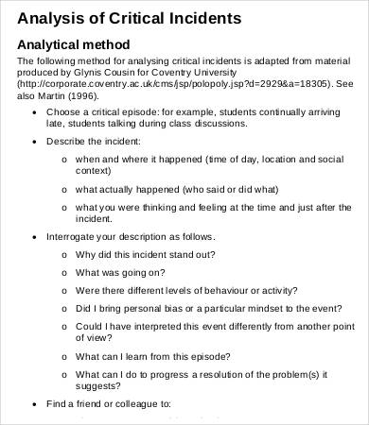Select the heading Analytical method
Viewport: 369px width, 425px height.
coord(74,44)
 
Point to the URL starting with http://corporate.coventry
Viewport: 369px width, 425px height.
coord(169,84)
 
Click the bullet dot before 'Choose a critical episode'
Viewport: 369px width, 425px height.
coord(35,112)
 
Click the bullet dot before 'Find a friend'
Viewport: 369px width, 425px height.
coord(35,403)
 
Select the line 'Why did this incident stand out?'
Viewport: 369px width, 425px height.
coord(145,253)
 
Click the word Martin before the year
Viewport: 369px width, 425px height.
coord(54,95)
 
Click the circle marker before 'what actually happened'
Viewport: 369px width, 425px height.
coord(63,189)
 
